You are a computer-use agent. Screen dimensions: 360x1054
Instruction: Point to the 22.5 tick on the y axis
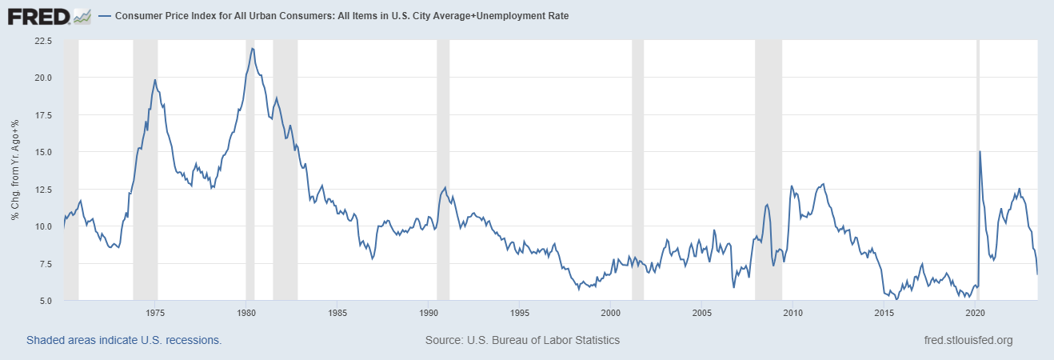[x=42, y=40]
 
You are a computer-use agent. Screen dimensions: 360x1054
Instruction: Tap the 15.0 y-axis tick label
[x=42, y=152]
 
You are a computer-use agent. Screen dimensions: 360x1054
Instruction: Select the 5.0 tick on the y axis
[x=45, y=301]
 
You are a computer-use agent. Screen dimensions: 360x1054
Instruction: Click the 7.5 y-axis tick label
[x=45, y=264]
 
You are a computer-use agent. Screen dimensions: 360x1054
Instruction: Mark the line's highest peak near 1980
[x=253, y=49]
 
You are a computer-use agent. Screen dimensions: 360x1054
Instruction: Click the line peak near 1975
[x=155, y=80]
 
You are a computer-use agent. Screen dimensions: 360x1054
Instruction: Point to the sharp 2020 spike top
[x=980, y=152]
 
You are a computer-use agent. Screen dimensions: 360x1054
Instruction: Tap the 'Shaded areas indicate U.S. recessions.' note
[x=124, y=340]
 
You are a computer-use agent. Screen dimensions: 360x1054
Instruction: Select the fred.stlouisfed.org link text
[x=968, y=340]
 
